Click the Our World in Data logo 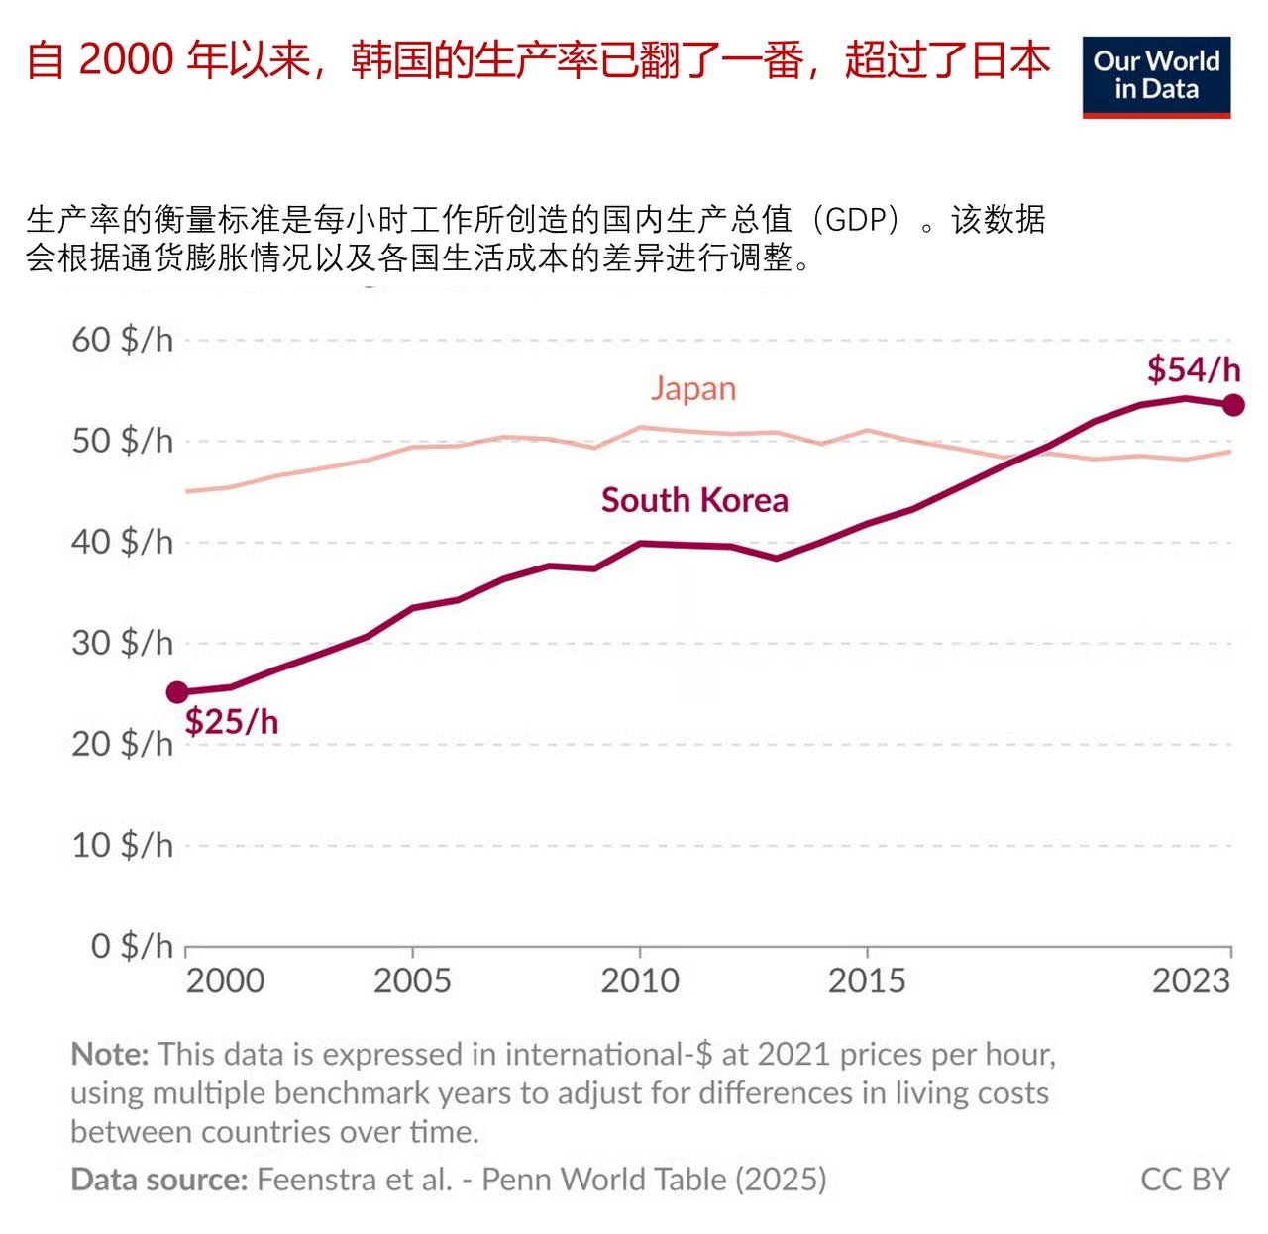pyautogui.click(x=1155, y=77)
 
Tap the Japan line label pyautogui.click(x=693, y=388)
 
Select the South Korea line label pyautogui.click(x=694, y=500)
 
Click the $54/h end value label pyautogui.click(x=1193, y=369)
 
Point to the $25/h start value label pyautogui.click(x=232, y=721)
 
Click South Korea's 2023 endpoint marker pyautogui.click(x=1233, y=404)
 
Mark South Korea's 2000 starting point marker pyautogui.click(x=177, y=692)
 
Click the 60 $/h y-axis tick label pyautogui.click(x=122, y=340)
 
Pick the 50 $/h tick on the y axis pyautogui.click(x=122, y=441)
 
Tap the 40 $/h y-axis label pyautogui.click(x=122, y=542)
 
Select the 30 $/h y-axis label pyautogui.click(x=122, y=643)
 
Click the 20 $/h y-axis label pyautogui.click(x=122, y=744)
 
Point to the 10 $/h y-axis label pyautogui.click(x=122, y=845)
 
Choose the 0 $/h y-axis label pyautogui.click(x=132, y=946)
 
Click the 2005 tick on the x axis pyautogui.click(x=412, y=980)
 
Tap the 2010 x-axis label pyautogui.click(x=640, y=980)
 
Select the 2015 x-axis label pyautogui.click(x=867, y=980)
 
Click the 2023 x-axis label pyautogui.click(x=1191, y=980)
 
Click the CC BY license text pyautogui.click(x=1185, y=1180)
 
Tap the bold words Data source pyautogui.click(x=158, y=1180)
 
